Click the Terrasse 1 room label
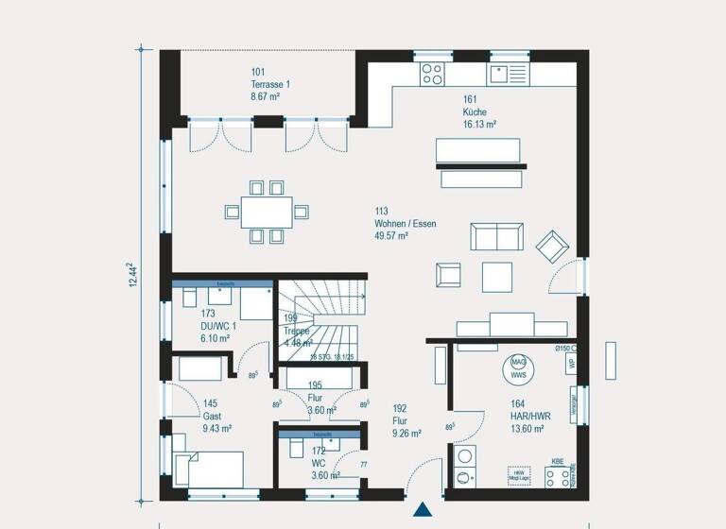click(270, 84)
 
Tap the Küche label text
click(475, 111)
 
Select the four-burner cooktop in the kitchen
click(432, 71)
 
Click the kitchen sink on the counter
click(510, 71)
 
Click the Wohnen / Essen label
click(405, 224)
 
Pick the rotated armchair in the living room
click(551, 246)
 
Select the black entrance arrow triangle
click(422, 510)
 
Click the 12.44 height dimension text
click(132, 277)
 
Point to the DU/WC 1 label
click(216, 326)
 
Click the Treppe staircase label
click(296, 331)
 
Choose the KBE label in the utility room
click(558, 462)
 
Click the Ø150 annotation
click(562, 349)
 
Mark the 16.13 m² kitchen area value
click(480, 124)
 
